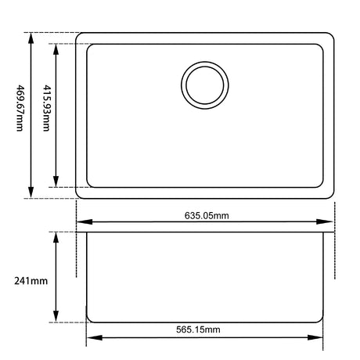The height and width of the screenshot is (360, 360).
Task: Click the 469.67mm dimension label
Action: [x=20, y=108]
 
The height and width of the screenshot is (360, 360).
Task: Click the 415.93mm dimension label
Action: [x=46, y=108]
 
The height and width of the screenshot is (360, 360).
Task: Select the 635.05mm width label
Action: [x=207, y=216]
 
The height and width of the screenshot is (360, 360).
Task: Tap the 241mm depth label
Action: [x=31, y=281]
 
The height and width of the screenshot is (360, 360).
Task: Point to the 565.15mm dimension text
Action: [x=198, y=329]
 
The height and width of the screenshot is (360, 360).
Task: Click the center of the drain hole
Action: [x=205, y=85]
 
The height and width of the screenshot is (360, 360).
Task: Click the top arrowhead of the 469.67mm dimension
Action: [x=31, y=38]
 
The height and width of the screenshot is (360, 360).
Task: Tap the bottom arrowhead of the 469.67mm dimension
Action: [x=31, y=193]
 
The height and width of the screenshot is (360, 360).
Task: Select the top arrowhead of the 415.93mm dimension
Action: [x=56, y=49]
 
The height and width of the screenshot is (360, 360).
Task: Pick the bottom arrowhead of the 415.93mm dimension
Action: [x=56, y=182]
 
